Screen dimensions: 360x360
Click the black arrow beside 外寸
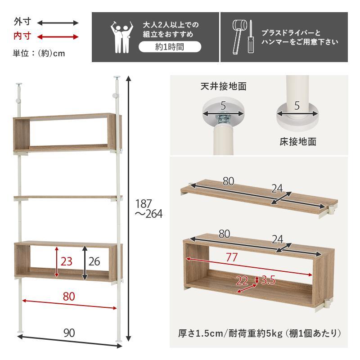point(58,22)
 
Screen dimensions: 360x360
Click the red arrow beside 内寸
point(58,36)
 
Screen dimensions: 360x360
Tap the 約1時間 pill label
point(169,47)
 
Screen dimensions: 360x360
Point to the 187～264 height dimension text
point(148,209)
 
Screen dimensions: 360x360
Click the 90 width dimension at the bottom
point(69,333)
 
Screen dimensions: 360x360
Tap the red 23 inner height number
point(66,261)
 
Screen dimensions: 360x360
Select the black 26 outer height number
point(94,261)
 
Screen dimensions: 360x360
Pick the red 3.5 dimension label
point(268,280)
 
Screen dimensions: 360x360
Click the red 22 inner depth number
point(242,281)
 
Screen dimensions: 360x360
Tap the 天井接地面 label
point(223,86)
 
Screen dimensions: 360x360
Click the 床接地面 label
point(297,142)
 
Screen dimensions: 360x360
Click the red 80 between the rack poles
point(69,297)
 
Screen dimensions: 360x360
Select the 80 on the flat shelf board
point(228,181)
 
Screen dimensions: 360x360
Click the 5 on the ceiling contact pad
point(222,107)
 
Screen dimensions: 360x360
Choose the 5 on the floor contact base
point(297,106)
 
